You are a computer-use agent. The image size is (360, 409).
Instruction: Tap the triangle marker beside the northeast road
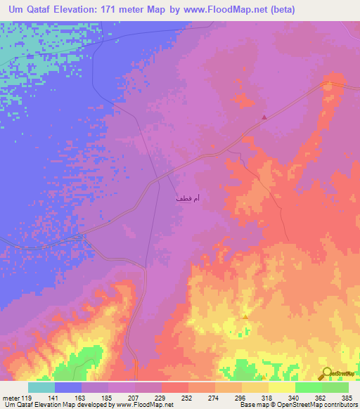pos(264,117)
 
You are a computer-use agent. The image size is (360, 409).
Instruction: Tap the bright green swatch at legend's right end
pos(335,387)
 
